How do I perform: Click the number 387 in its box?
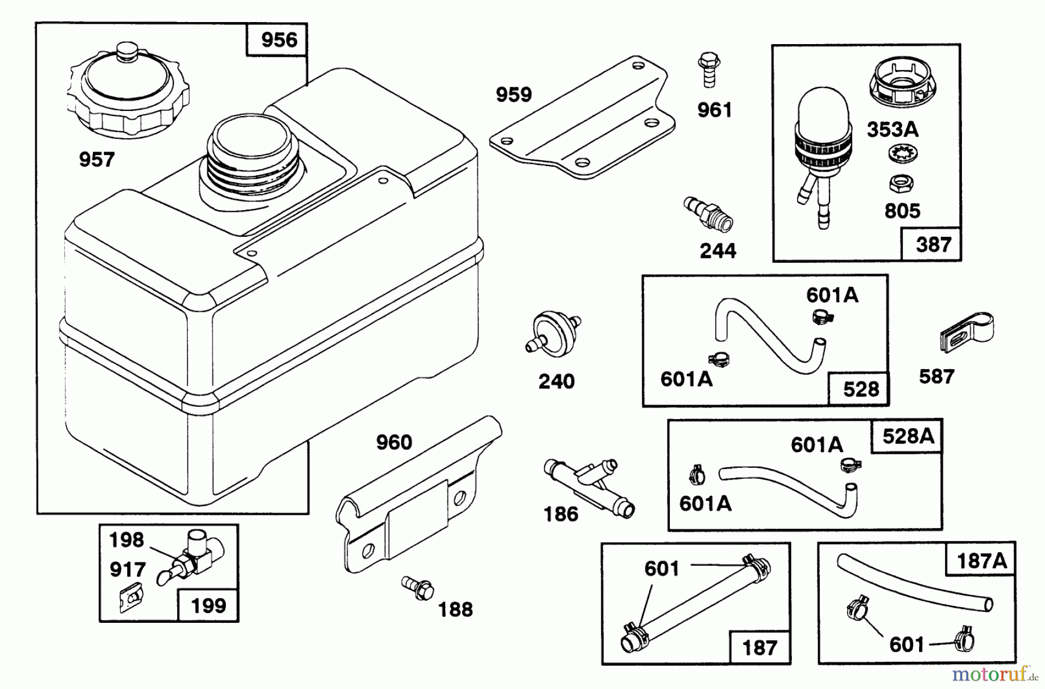933,244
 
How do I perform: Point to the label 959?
513,95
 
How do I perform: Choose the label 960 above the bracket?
394,443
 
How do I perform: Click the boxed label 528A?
908,436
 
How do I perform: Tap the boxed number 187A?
981,561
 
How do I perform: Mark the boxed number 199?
208,606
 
